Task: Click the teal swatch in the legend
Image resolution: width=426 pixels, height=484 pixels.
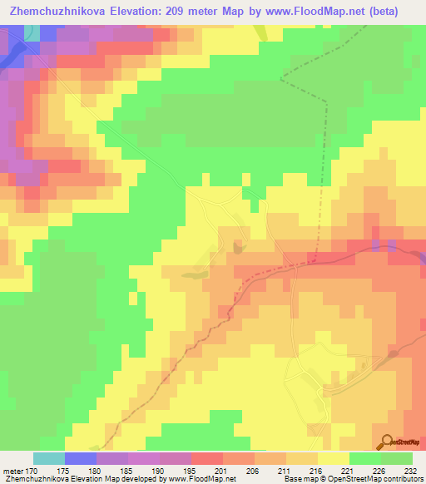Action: click(49, 458)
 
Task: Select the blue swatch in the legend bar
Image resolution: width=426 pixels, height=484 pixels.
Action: click(81, 458)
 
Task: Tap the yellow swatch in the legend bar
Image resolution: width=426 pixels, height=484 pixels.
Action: click(334, 458)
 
